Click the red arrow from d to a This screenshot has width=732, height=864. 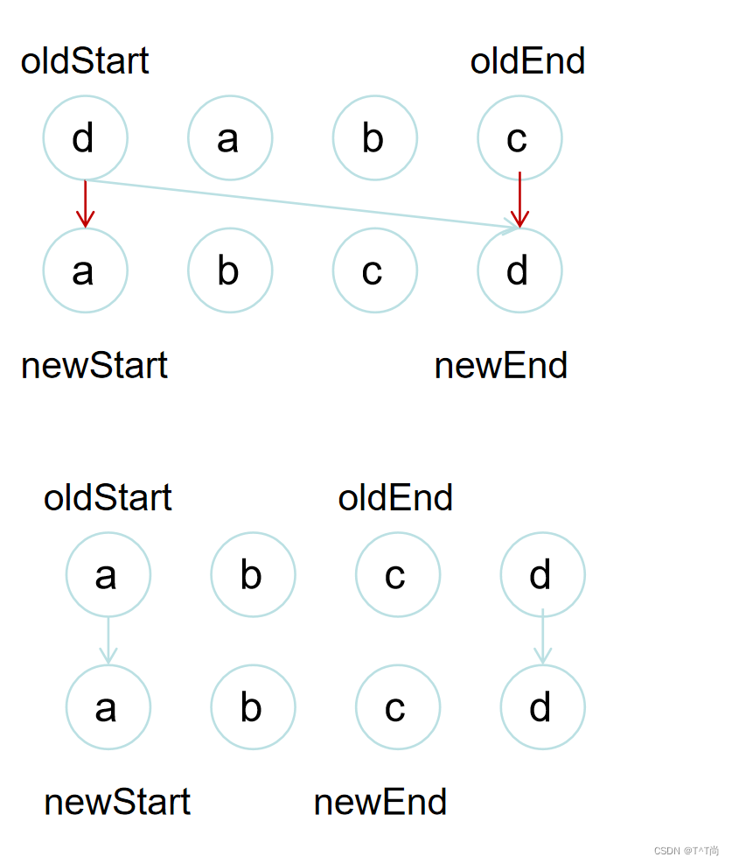(85, 204)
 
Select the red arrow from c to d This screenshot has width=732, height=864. (519, 200)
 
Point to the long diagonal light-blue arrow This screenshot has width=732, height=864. (302, 204)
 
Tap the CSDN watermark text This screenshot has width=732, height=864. (686, 850)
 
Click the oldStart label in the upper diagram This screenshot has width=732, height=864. (85, 61)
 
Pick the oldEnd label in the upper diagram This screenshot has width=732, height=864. (527, 61)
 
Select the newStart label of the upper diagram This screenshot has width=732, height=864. (94, 365)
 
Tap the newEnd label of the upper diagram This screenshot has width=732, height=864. (500, 365)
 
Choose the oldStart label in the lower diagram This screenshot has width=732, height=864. (108, 498)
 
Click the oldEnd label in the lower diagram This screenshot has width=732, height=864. (395, 498)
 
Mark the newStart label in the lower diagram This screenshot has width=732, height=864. (116, 802)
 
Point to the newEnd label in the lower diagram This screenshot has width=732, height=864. (380, 802)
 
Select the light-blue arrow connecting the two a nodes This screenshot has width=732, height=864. (108, 640)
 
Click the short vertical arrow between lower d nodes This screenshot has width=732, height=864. (542, 637)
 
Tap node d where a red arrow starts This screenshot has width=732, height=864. (85, 137)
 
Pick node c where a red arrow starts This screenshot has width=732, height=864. (519, 137)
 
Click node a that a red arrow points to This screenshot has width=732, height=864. (85, 270)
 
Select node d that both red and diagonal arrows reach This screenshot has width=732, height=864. (519, 270)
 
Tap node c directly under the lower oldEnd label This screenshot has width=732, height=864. (397, 575)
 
